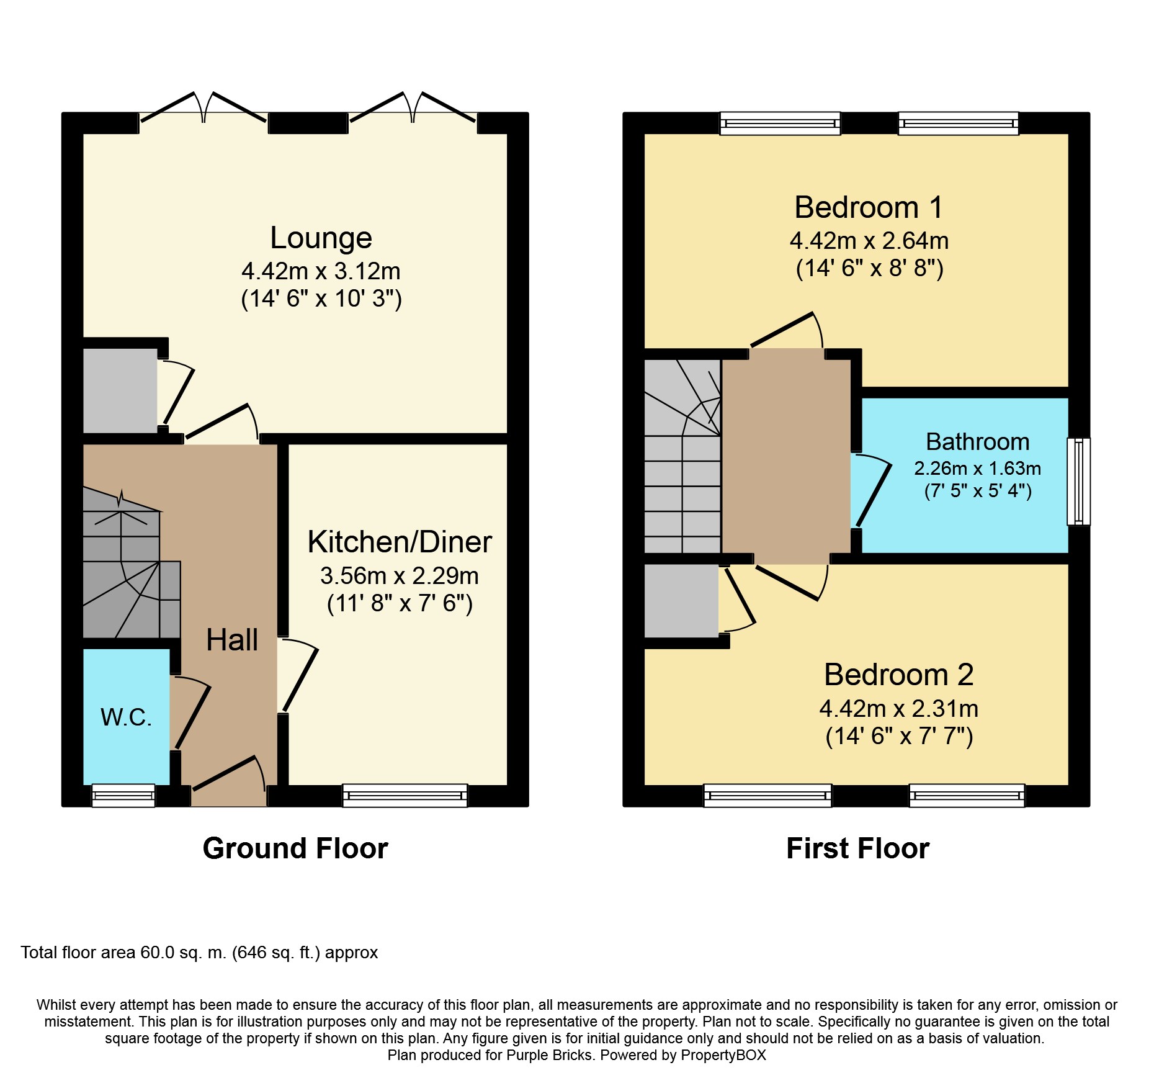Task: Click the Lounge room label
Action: [321, 238]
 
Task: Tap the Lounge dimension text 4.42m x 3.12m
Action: [321, 271]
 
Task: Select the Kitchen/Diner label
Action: [400, 542]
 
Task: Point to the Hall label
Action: [232, 640]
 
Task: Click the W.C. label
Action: [127, 717]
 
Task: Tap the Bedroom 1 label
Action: [869, 207]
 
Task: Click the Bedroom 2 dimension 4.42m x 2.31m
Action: [899, 709]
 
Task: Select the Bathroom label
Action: [978, 442]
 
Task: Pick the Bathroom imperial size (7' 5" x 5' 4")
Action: [978, 491]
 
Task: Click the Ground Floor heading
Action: [295, 848]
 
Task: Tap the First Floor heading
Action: [858, 848]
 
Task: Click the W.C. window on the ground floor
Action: [123, 796]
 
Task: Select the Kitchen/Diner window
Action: [405, 796]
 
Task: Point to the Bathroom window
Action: [1078, 482]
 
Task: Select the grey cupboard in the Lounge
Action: [120, 390]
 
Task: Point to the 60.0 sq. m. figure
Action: [184, 953]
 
